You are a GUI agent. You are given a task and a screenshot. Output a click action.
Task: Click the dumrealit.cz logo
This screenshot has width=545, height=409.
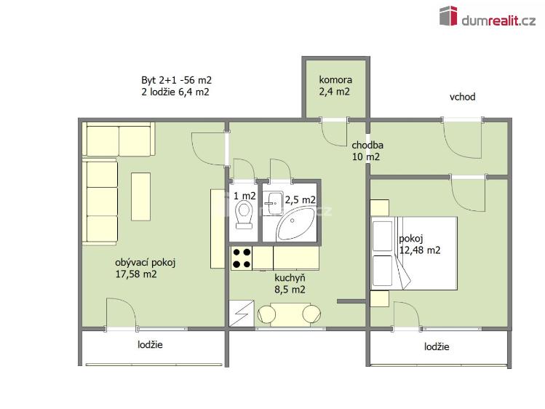pos(488,16)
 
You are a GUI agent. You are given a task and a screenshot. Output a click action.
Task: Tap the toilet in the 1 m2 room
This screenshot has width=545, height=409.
pos(244,216)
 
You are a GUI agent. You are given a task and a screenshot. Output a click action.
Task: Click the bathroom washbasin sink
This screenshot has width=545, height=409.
pos(272,203)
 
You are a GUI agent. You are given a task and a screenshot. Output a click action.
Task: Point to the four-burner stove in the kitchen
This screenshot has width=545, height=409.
pos(242,258)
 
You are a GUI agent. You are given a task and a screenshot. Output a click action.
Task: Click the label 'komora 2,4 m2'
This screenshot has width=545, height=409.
pos(335,85)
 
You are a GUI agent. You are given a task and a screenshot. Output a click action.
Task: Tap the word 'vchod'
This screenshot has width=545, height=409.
pos(462,97)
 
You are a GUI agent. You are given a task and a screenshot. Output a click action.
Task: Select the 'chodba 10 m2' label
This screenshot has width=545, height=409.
pos(367,151)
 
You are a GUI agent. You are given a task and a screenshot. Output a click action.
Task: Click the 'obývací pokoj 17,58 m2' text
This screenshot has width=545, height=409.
pos(146,269)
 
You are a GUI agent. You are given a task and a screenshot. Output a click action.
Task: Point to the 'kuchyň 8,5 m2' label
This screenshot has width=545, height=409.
pos(290,284)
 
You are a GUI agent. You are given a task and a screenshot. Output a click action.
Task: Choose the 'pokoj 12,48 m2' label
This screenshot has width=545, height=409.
pos(420,245)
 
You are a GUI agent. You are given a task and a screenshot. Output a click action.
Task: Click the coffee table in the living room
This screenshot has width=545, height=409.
pos(140,196)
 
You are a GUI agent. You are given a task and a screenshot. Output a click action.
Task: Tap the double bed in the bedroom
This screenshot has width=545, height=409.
pos(413,253)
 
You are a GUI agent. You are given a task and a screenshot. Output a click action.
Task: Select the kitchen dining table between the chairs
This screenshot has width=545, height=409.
pos(289,314)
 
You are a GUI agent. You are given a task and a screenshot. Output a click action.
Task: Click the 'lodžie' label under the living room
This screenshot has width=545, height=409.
pos(150,345)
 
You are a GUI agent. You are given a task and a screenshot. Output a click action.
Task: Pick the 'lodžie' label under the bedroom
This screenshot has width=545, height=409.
pos(437,346)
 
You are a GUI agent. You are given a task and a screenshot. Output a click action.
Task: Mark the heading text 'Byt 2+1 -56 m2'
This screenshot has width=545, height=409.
pos(176,80)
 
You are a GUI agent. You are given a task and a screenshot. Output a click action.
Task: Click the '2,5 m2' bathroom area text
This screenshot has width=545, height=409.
pos(301,200)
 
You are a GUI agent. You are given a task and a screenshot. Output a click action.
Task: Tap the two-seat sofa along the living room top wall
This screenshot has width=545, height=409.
pos(119,139)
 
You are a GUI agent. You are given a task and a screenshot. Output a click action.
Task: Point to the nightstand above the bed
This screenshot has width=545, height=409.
pos(380,208)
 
